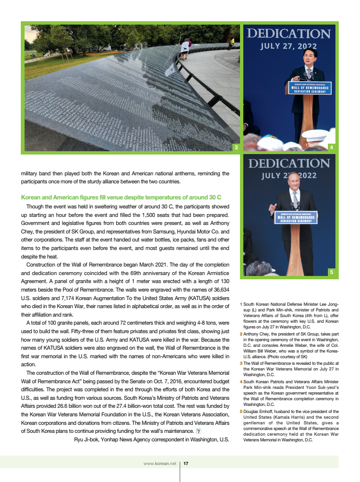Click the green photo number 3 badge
click(x=236, y=148)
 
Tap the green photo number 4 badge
click(x=332, y=148)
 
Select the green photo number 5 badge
click(x=332, y=272)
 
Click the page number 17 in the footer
click(x=186, y=464)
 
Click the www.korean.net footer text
click(x=160, y=464)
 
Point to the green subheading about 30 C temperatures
click(x=121, y=197)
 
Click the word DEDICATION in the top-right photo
click(x=289, y=34)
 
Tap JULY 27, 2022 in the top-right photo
click(x=289, y=46)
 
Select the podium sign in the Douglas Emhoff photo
click(x=296, y=217)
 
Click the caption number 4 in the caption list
click(x=241, y=381)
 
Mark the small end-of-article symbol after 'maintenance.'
click(x=199, y=431)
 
